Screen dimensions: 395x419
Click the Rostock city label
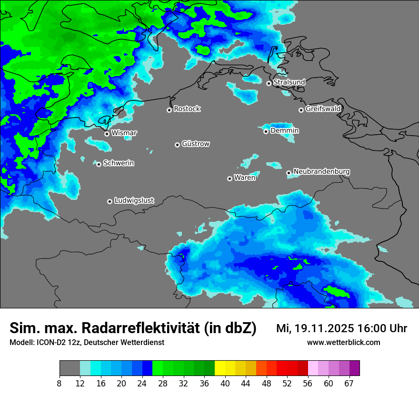point(187,109)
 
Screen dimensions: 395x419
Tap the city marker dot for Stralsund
point(269,83)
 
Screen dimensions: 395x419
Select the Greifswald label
point(323,109)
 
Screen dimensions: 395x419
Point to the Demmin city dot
point(266,131)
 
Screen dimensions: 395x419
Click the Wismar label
point(124,133)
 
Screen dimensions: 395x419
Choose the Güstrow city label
point(195,144)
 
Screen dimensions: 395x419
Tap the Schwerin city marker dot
point(99,164)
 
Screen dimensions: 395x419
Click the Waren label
point(244,178)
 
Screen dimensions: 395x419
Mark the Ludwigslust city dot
point(110,201)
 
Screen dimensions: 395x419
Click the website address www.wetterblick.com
point(343,343)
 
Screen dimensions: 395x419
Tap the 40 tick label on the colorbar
point(225,384)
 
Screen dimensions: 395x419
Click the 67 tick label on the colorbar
point(349,384)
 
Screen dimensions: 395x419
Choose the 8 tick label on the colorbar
point(60,384)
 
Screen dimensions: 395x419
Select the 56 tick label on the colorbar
point(308,384)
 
